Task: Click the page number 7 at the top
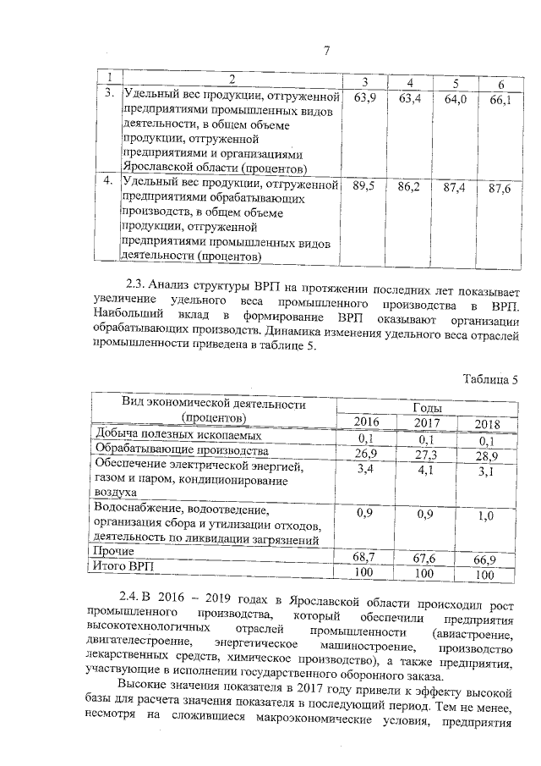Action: point(325,50)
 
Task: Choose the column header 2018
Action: point(487,424)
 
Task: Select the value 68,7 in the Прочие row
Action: point(365,554)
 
